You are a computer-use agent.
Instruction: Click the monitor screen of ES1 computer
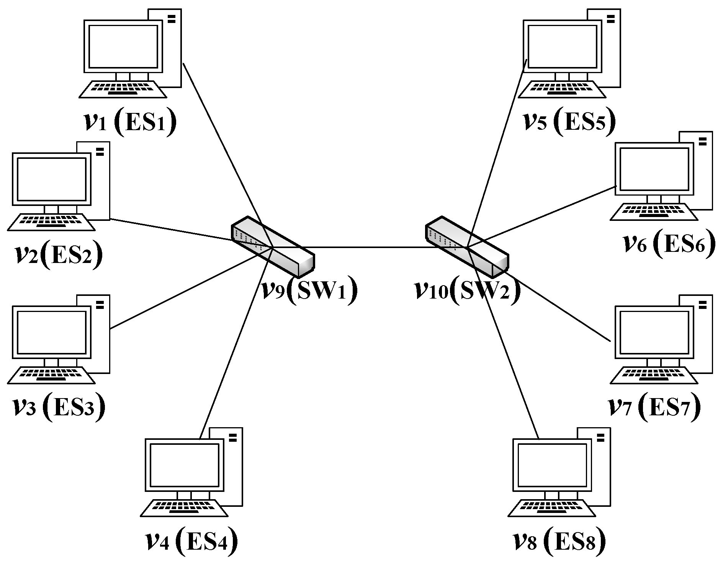click(123, 47)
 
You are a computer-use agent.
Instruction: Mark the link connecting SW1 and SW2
click(368, 247)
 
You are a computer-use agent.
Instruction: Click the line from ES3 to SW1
click(184, 291)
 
